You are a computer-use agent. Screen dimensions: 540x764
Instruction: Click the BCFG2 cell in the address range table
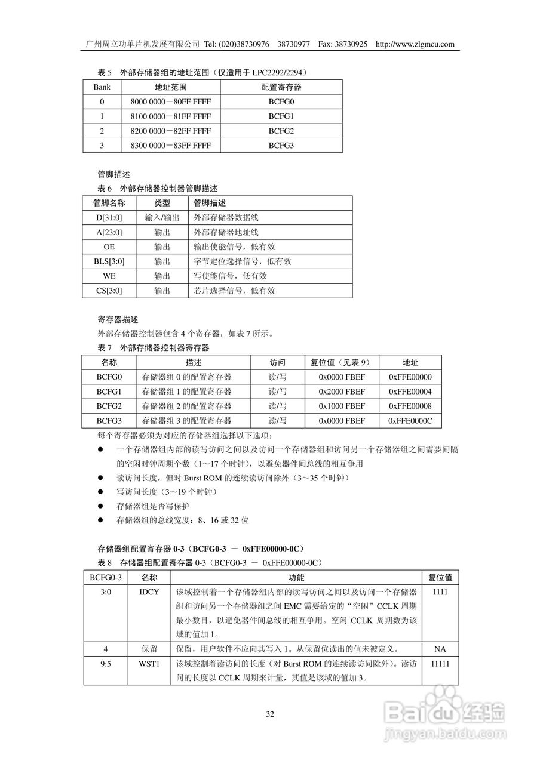pyautogui.click(x=281, y=131)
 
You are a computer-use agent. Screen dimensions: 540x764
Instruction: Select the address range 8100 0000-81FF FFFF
pyautogui.click(x=170, y=116)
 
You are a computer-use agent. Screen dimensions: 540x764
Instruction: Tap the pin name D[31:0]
pyautogui.click(x=109, y=218)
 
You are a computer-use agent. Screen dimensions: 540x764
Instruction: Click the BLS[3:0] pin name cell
pyautogui.click(x=109, y=261)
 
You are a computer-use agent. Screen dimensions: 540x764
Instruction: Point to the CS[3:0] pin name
pyautogui.click(x=109, y=291)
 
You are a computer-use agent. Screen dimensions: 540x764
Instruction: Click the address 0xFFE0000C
pyautogui.click(x=410, y=421)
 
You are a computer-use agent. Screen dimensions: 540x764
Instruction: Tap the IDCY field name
pyautogui.click(x=149, y=592)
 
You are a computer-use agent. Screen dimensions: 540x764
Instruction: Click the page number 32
pyautogui.click(x=270, y=714)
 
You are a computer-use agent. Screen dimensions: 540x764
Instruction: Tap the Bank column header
pyautogui.click(x=102, y=87)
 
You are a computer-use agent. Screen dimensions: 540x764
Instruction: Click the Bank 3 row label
pyautogui.click(x=102, y=146)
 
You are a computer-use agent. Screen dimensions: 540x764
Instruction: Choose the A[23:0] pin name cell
pyautogui.click(x=109, y=232)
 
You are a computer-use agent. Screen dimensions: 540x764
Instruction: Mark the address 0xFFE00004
pyautogui.click(x=410, y=392)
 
